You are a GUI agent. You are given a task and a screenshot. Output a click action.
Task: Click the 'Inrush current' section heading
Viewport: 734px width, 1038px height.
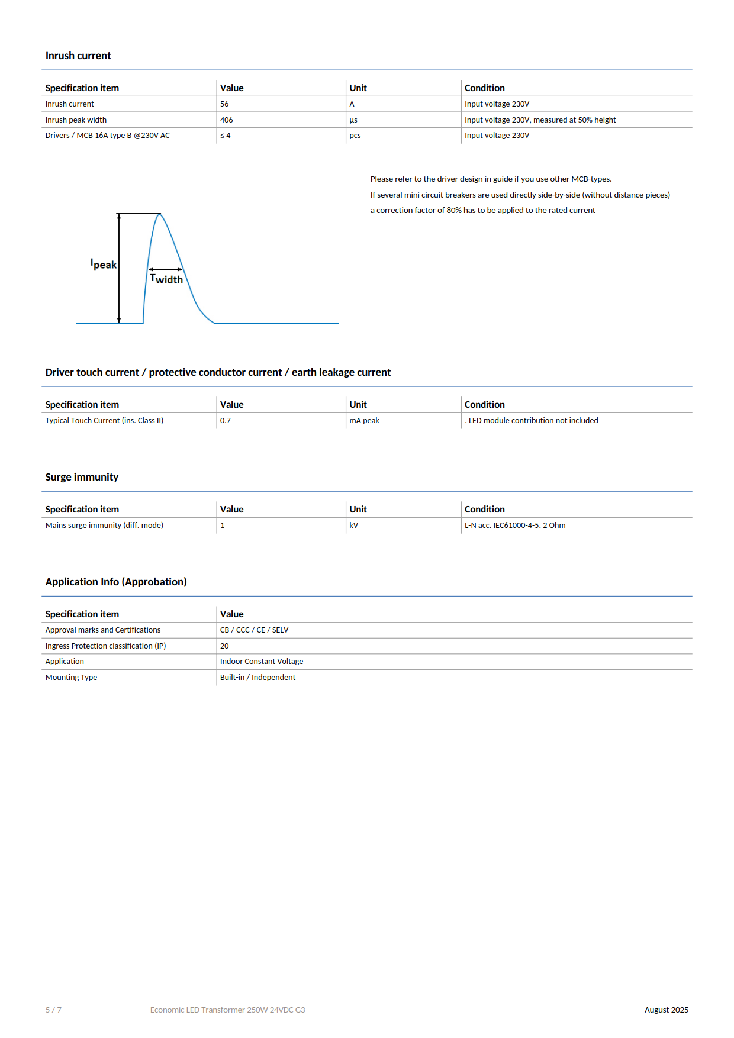78,56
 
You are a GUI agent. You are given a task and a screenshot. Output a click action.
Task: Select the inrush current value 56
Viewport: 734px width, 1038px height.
224,104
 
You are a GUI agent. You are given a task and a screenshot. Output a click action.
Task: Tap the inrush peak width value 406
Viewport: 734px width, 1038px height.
227,120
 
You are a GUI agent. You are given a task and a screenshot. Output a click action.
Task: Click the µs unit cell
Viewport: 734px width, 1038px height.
353,120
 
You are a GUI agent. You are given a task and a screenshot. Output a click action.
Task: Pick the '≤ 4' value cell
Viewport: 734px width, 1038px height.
226,136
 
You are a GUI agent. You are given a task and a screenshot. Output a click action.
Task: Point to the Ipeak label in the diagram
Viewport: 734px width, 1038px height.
104,264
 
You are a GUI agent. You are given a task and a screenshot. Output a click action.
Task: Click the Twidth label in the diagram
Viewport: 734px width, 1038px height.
166,279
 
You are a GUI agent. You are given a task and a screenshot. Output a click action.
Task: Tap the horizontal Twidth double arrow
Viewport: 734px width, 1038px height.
165,269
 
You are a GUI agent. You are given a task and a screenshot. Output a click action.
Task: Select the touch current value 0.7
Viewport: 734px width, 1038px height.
226,421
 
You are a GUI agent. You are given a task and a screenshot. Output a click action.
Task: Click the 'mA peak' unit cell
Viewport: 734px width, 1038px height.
364,421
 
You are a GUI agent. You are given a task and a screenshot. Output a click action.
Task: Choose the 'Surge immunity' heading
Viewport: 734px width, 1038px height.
82,477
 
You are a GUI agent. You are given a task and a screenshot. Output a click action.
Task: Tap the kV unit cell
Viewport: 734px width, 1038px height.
353,526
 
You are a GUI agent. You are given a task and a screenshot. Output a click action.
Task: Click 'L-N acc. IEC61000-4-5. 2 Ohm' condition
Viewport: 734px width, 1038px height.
515,526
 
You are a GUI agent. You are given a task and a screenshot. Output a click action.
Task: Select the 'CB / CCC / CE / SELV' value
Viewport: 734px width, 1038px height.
255,630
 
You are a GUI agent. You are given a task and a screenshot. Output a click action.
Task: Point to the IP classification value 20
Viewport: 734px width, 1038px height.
224,646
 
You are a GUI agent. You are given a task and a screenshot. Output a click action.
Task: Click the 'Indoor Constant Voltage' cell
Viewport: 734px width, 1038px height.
262,662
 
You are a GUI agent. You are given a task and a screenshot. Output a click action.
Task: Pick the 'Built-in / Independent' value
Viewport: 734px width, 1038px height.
257,678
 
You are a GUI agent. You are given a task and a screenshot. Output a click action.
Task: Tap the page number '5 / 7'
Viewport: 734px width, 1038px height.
53,1010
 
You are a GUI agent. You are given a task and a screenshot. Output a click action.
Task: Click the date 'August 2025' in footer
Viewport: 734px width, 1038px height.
667,1010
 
